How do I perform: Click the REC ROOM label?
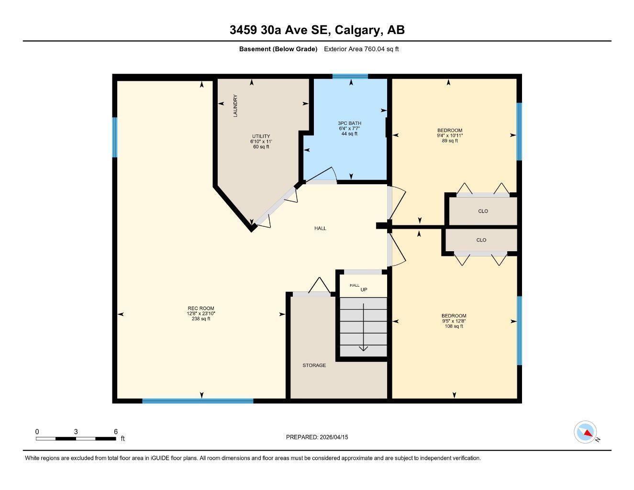point(201,308)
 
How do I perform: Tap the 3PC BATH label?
point(349,123)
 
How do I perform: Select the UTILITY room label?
point(261,136)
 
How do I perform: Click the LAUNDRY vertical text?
point(235,106)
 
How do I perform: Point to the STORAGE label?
point(314,365)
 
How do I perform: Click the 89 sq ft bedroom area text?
point(450,141)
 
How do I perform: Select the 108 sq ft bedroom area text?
point(454,326)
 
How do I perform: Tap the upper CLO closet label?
point(483,211)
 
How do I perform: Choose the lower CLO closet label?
point(481,240)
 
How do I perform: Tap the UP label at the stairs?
point(364,290)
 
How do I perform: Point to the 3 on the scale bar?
point(76,432)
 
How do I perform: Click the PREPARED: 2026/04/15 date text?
point(317,437)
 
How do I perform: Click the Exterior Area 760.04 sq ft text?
point(361,49)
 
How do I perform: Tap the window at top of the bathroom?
point(350,76)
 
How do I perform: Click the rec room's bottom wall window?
point(198,401)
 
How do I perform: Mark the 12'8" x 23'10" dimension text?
point(201,313)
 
